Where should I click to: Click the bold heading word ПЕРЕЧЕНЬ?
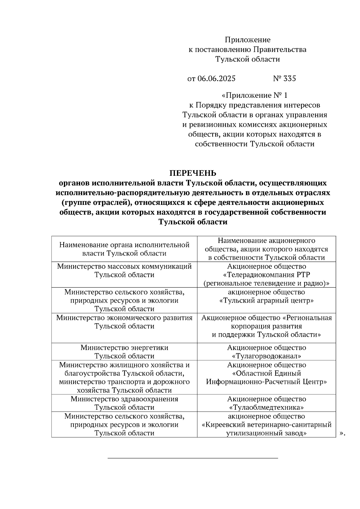(193, 173)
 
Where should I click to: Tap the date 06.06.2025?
(216, 79)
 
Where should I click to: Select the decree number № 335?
(284, 79)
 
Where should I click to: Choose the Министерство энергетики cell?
(124, 352)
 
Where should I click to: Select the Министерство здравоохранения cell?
(124, 403)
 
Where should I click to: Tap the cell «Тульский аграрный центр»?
(266, 300)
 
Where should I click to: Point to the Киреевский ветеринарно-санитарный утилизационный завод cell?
(266, 425)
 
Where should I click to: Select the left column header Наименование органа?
(124, 249)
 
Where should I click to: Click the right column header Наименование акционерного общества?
(266, 249)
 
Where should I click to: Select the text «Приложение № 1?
(254, 96)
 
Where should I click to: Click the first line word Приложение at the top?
(247, 40)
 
